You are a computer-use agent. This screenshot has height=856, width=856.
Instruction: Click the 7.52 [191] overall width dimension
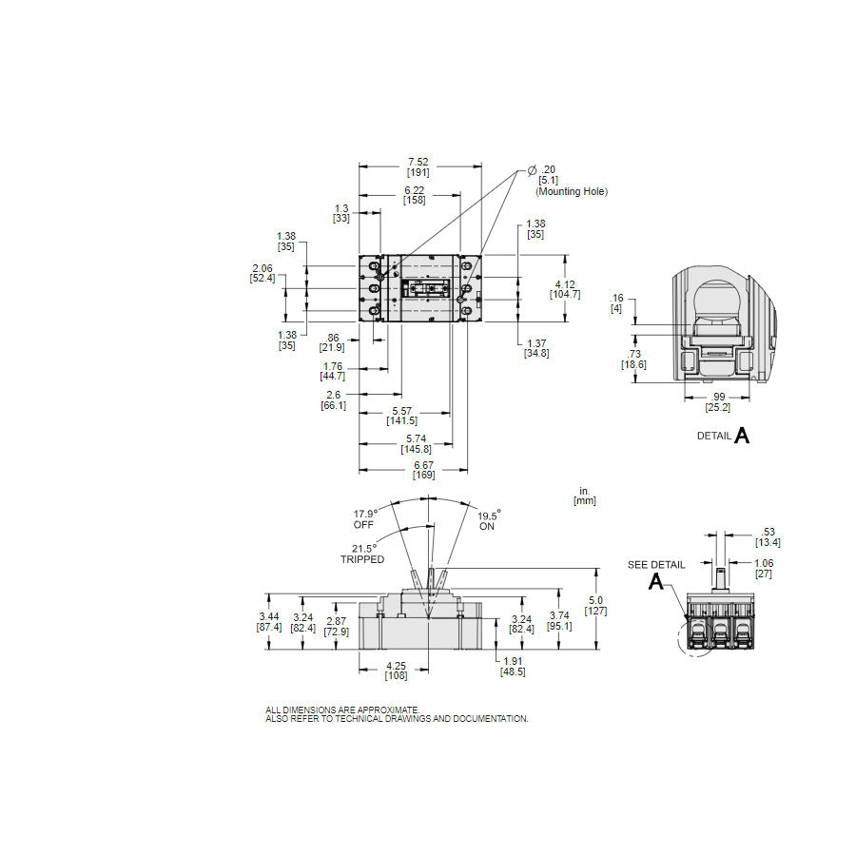pyautogui.click(x=418, y=166)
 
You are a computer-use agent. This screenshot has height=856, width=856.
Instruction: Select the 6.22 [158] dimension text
pyautogui.click(x=414, y=195)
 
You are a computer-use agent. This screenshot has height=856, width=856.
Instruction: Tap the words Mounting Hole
pyautogui.click(x=571, y=191)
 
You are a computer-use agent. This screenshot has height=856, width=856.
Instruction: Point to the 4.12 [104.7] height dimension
pyautogui.click(x=564, y=288)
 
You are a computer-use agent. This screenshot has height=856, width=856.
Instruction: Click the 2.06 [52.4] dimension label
pyautogui.click(x=263, y=272)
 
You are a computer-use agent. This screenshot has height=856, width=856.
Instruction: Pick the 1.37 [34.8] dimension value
pyautogui.click(x=535, y=348)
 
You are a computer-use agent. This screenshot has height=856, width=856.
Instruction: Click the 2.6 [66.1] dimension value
pyautogui.click(x=333, y=399)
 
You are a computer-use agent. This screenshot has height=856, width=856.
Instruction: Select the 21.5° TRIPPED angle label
pyautogui.click(x=361, y=554)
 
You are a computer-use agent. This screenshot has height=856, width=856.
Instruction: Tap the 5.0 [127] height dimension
pyautogui.click(x=597, y=605)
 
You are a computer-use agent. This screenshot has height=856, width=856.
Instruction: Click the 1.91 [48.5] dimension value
pyautogui.click(x=513, y=665)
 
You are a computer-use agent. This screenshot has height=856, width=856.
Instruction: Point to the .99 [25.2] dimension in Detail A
pyautogui.click(x=717, y=402)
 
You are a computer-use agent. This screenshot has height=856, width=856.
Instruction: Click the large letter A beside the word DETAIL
pyautogui.click(x=742, y=435)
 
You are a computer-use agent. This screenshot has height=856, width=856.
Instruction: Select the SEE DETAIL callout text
pyautogui.click(x=655, y=565)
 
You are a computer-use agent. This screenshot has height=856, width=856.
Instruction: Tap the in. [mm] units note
pyautogui.click(x=586, y=496)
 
